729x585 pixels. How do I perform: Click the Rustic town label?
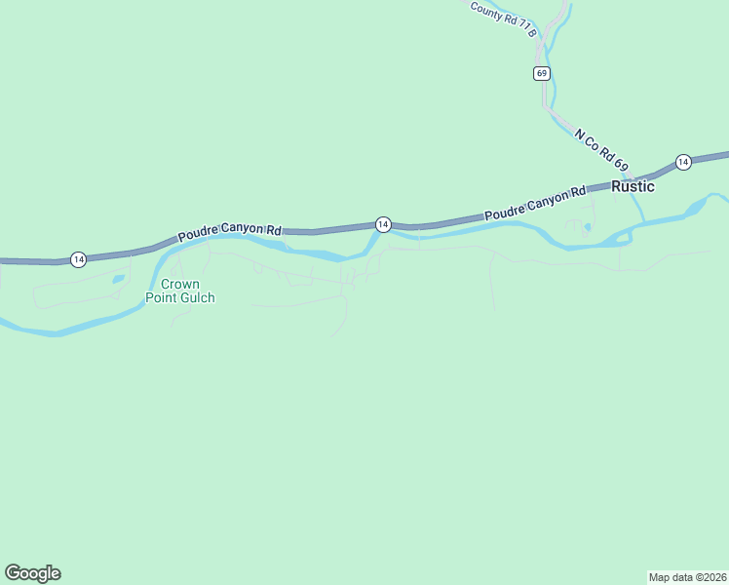(633, 187)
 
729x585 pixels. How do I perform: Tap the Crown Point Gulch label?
(179, 291)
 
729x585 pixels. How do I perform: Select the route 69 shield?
(542, 73)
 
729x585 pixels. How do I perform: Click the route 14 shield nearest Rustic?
(683, 161)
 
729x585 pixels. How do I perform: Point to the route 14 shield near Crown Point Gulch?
(78, 259)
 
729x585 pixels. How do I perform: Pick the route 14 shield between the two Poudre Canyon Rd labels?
(383, 224)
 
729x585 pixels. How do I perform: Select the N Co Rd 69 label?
(601, 151)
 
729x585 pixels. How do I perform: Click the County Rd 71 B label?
(503, 19)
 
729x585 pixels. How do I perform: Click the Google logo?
(32, 573)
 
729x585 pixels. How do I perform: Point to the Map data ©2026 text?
(688, 576)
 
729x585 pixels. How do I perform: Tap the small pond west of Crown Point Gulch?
(118, 279)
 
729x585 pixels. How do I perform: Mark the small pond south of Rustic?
(586, 228)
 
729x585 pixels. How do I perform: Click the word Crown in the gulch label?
(179, 284)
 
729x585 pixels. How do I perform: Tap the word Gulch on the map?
(197, 297)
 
